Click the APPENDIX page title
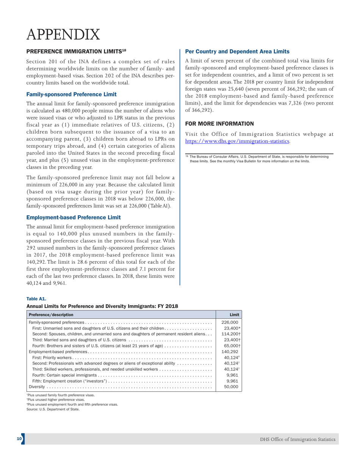click(x=63, y=34)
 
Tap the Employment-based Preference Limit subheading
click(x=74, y=217)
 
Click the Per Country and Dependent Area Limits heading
click(x=237, y=52)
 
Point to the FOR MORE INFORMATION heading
click(x=219, y=124)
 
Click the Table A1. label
click(x=36, y=299)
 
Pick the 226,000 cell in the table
click(x=229, y=322)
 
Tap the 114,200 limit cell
click(x=231, y=334)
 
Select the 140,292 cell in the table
click(x=229, y=352)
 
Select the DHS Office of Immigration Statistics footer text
click(x=297, y=439)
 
